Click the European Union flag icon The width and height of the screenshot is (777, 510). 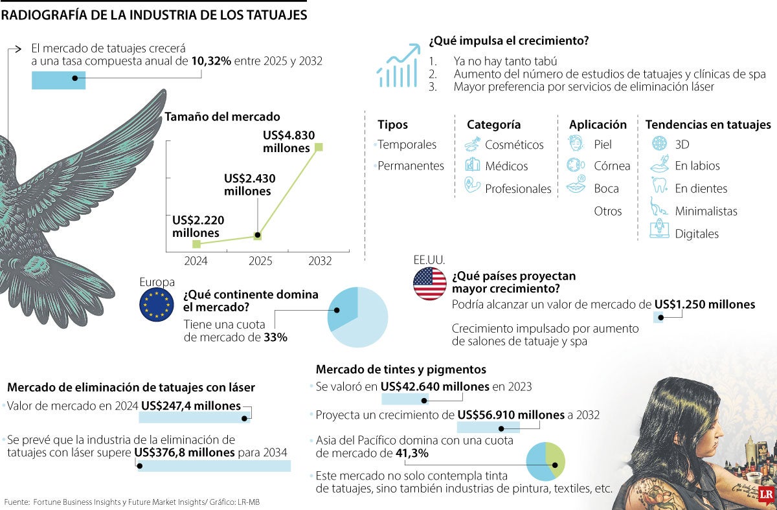tap(157, 305)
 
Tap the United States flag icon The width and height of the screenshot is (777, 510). tap(430, 283)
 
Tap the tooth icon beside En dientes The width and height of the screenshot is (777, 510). tap(659, 188)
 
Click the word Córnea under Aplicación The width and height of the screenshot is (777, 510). tap(612, 166)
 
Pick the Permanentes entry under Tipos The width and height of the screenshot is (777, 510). tap(411, 166)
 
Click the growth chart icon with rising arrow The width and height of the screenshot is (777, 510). tap(398, 66)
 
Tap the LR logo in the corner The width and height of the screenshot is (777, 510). tap(767, 494)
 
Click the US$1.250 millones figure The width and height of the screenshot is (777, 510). tap(704, 305)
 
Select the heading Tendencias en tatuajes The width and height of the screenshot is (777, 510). tap(708, 125)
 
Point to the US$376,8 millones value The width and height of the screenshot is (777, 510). tap(184, 452)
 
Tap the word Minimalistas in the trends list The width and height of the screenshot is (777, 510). tap(706, 211)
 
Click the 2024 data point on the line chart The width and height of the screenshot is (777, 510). tap(197, 244)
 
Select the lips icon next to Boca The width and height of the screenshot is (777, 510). tap(576, 188)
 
